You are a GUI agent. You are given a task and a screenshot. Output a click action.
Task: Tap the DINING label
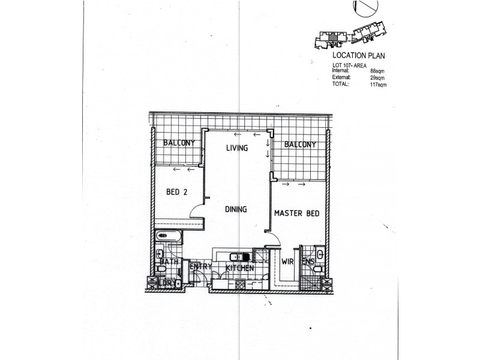(x=236, y=209)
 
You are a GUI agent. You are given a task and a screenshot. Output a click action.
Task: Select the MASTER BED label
(x=296, y=213)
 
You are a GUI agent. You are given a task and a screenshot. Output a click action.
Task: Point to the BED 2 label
(x=177, y=193)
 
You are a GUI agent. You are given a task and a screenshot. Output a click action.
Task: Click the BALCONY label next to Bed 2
(x=179, y=143)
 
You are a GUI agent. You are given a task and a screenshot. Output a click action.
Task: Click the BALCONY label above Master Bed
(x=300, y=145)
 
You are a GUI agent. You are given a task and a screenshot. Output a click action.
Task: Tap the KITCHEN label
(x=240, y=268)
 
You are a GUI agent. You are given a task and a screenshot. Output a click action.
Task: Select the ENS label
(x=308, y=262)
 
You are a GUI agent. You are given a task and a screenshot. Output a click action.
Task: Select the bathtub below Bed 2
(x=170, y=236)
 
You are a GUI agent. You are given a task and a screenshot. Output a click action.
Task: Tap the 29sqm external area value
(x=378, y=77)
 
